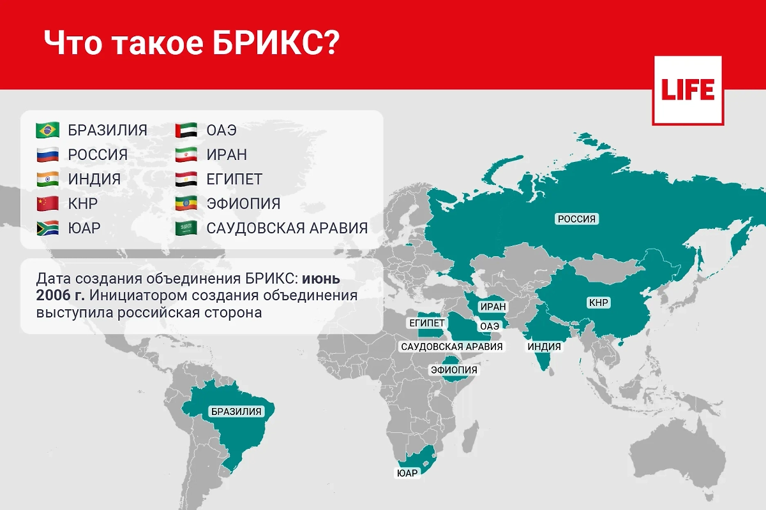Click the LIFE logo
(x=687, y=90)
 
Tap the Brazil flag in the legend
(x=48, y=130)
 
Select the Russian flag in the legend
(x=48, y=155)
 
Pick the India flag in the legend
(x=48, y=179)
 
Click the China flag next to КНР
(x=48, y=204)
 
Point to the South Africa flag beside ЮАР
(x=48, y=228)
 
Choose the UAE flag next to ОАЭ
(x=186, y=130)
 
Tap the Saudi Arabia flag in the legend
(x=186, y=228)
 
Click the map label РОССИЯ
(x=576, y=219)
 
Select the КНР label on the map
(x=599, y=303)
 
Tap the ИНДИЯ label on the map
(x=544, y=347)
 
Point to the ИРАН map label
(x=493, y=307)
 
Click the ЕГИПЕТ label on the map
(x=427, y=323)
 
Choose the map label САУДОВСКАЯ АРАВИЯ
(x=451, y=347)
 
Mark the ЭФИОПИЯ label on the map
(x=454, y=370)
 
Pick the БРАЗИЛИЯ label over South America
(x=236, y=411)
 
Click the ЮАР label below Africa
(x=407, y=473)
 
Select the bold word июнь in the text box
(x=322, y=279)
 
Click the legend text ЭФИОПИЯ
(x=243, y=204)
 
